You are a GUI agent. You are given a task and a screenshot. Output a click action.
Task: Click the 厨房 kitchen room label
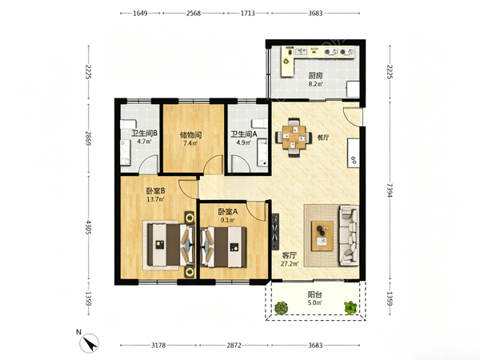[x=315, y=75]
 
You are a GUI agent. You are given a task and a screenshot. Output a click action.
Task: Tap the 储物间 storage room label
[x=190, y=134]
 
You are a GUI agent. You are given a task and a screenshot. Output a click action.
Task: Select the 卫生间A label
[x=244, y=134]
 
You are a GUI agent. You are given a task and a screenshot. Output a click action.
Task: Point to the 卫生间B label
[x=144, y=134]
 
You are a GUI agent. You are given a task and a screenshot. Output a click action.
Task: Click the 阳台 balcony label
[x=314, y=294]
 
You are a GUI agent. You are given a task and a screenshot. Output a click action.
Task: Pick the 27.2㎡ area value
[x=290, y=263]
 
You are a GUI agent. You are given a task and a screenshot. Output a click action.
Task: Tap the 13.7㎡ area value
[x=155, y=199]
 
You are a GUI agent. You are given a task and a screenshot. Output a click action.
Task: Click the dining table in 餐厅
[x=294, y=138]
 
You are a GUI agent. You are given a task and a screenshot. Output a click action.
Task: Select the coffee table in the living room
[x=322, y=236]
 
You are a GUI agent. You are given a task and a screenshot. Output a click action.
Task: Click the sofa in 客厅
[x=349, y=236]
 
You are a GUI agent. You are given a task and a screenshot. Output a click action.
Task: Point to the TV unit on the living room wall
[x=275, y=232]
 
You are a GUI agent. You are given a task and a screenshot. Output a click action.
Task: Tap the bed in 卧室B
[x=171, y=245]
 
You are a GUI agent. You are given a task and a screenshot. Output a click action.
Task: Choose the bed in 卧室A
[x=223, y=246]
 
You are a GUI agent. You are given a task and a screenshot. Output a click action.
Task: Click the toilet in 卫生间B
[x=128, y=124]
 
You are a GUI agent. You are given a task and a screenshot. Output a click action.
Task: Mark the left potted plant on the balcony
[x=281, y=308]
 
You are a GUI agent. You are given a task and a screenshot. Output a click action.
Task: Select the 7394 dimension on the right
[x=390, y=190]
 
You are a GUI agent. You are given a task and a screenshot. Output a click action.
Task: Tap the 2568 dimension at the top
[x=194, y=13]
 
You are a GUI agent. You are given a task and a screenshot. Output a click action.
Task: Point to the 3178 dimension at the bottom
[x=158, y=346]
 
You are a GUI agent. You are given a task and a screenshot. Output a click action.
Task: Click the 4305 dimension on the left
[x=89, y=227]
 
